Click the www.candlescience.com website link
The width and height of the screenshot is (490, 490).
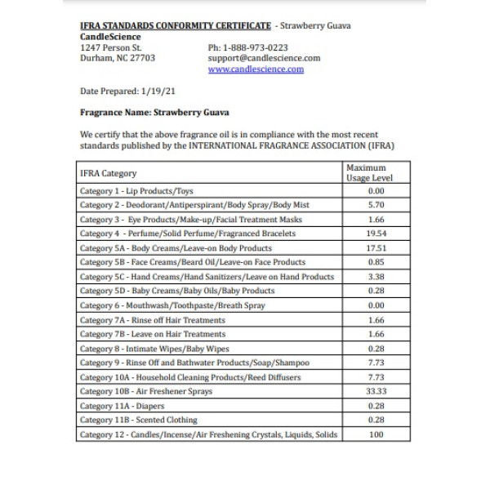point(256,69)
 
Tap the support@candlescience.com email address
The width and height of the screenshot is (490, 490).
point(264,58)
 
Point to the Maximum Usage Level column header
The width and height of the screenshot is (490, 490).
point(369,172)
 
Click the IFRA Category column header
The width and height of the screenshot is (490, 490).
point(109,173)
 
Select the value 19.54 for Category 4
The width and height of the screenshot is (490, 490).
point(376,234)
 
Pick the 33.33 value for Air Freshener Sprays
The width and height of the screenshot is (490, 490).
point(376,391)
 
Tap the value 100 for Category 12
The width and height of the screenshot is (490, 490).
point(376,434)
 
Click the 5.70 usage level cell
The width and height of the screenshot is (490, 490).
point(376,205)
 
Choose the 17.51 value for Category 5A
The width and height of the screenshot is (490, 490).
point(376,247)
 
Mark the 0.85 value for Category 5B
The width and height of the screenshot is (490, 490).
point(376,262)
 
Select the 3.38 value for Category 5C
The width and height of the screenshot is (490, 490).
point(376,277)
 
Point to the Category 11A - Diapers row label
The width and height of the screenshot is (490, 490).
point(122,406)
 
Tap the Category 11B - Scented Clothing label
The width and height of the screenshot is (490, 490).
point(138,420)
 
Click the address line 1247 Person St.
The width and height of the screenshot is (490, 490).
point(111,47)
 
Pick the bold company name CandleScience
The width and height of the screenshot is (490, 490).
point(110,37)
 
